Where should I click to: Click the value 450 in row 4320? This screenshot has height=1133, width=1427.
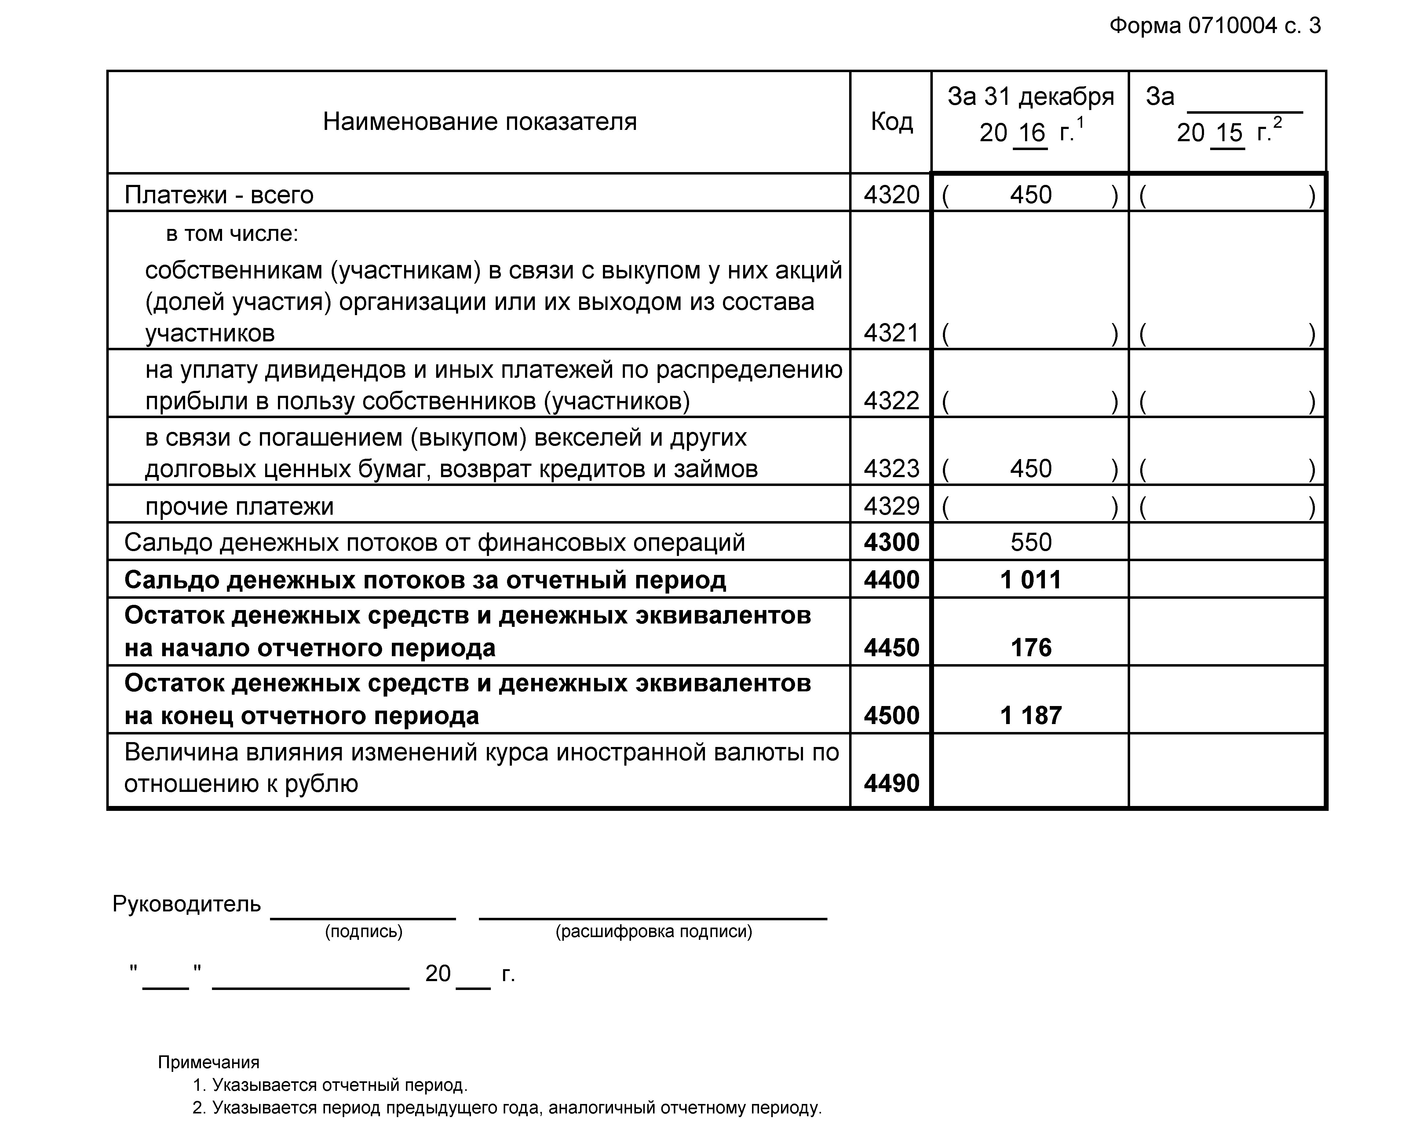pos(1031,195)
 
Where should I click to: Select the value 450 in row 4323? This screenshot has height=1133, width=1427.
pos(1031,469)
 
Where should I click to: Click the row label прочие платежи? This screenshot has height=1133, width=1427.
pos(239,506)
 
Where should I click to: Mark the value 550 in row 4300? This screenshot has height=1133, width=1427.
pos(1031,542)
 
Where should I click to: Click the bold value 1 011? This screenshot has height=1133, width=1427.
pos(1031,580)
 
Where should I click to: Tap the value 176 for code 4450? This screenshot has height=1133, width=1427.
pos(1031,648)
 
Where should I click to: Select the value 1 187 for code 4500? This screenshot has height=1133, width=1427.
pos(1031,716)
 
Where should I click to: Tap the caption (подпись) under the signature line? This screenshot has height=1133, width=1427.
pos(363,932)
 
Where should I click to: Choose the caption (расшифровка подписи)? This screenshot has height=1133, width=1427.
pos(653,932)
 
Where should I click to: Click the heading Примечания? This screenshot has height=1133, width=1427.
pos(209,1062)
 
